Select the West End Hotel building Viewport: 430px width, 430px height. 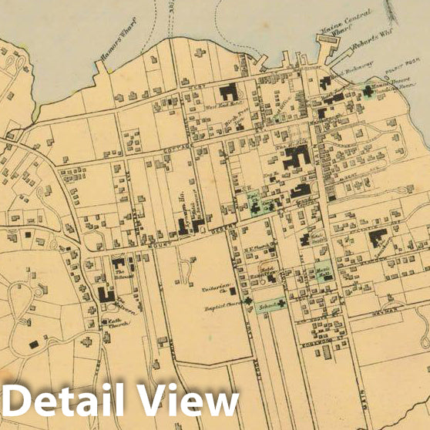[x=227, y=93]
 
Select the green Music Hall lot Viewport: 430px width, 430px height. [x=322, y=271]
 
